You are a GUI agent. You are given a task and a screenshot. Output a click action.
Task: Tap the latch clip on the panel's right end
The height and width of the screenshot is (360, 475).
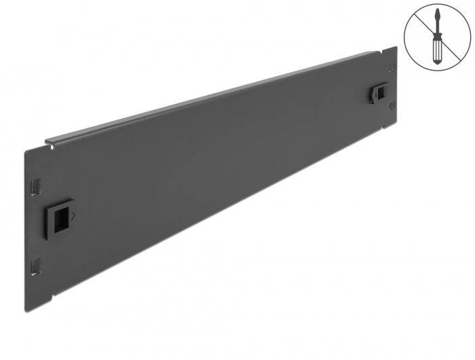click(380, 92)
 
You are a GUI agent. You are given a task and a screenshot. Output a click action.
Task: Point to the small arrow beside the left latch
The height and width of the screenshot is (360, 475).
click(74, 215)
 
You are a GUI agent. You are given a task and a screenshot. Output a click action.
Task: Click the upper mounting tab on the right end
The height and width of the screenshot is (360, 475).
click(391, 68)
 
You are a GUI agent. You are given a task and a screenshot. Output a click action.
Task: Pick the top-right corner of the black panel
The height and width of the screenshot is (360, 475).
click(396, 47)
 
